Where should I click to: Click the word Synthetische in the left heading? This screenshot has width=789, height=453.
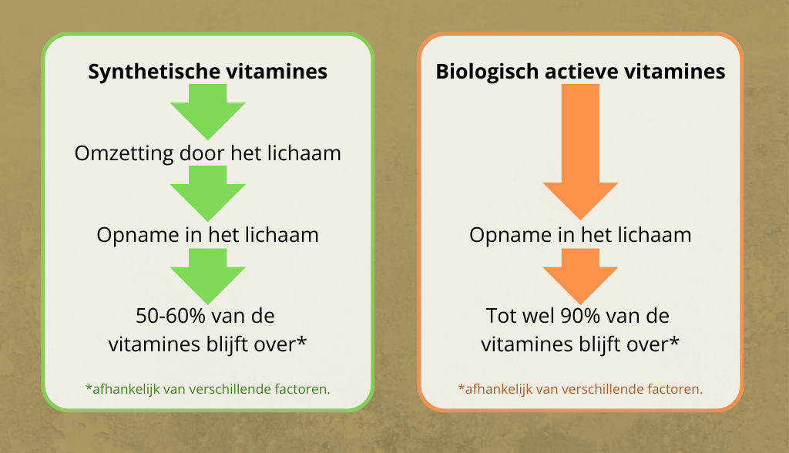pyautogui.click(x=154, y=72)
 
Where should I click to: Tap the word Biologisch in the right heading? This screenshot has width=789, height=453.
pyautogui.click(x=487, y=72)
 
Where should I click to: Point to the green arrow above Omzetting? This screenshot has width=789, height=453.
pyautogui.click(x=208, y=111)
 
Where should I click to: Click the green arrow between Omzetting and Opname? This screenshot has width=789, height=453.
pyautogui.click(x=208, y=193)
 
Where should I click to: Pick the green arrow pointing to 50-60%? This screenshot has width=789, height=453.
pyautogui.click(x=208, y=277)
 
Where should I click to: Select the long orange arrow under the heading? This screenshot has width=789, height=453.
pyautogui.click(x=580, y=152)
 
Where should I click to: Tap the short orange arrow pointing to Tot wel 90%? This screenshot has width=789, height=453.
pyautogui.click(x=580, y=277)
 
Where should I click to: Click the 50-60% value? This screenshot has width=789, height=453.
pyautogui.click(x=170, y=316)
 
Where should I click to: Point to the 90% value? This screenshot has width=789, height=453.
pyautogui.click(x=580, y=316)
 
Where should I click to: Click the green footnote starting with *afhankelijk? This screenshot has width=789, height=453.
pyautogui.click(x=208, y=389)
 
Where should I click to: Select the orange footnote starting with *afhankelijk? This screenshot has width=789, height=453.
pyautogui.click(x=580, y=389)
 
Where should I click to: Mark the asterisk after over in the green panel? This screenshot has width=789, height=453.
pyautogui.click(x=301, y=341)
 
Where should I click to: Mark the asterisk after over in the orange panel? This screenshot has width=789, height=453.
pyautogui.click(x=673, y=341)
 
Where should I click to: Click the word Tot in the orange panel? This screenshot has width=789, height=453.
pyautogui.click(x=502, y=316)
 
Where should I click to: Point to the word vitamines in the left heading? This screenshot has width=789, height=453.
pyautogui.click(x=277, y=72)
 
